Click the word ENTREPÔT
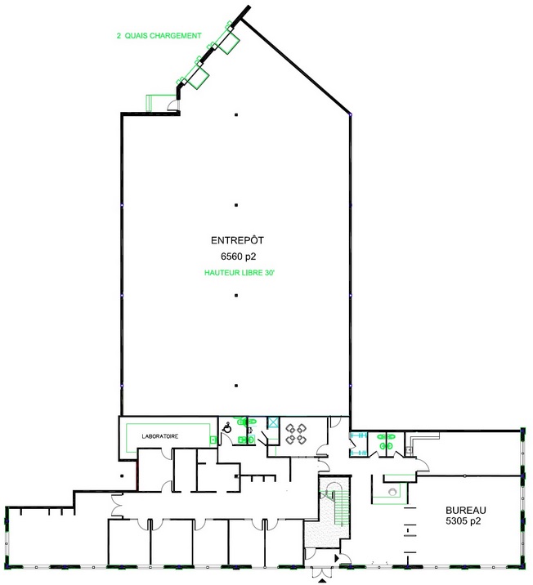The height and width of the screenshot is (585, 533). point(237,240)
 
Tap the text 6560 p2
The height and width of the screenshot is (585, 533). point(238,257)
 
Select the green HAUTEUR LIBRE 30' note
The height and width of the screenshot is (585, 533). point(240,273)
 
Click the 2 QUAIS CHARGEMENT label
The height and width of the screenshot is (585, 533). point(159,36)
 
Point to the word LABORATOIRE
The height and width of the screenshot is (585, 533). point(160,436)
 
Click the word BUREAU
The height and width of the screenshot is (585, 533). point(466,510)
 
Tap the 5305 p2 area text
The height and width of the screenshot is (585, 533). point(464,520)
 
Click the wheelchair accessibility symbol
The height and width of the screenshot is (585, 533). point(227,428)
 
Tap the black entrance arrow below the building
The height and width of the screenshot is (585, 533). point(322,581)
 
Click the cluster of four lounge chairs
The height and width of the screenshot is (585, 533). point(296,434)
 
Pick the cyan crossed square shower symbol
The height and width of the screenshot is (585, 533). point(274,422)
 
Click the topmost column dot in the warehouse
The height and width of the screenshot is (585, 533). point(236,115)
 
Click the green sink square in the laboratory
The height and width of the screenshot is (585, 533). point(213,440)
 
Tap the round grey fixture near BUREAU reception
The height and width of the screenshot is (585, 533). point(392,492)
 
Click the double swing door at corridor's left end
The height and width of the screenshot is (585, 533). point(117,506)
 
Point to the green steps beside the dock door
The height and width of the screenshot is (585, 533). point(150,103)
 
